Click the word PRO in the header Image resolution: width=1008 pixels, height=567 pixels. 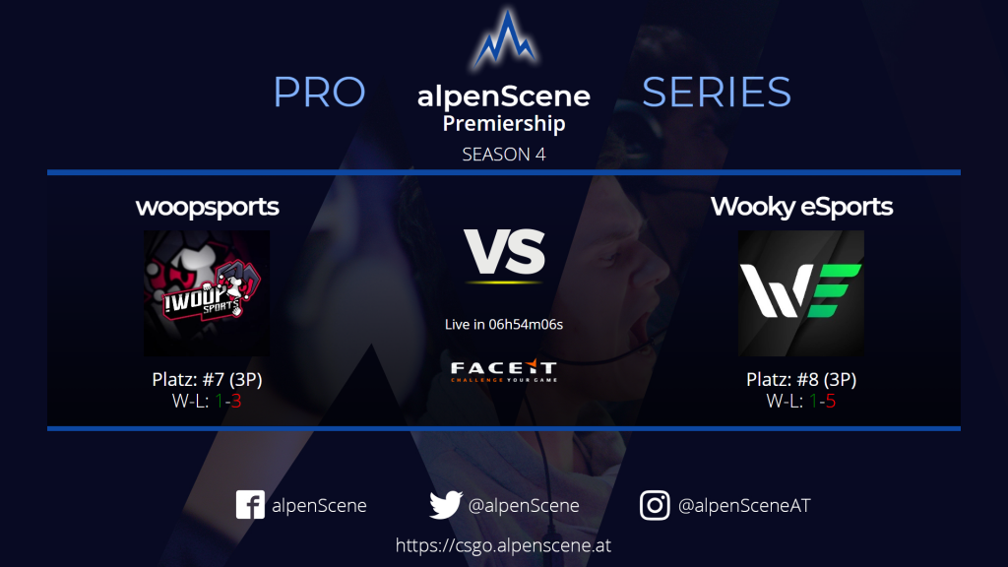(x=320, y=92)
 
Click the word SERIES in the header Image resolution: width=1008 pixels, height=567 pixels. (x=717, y=92)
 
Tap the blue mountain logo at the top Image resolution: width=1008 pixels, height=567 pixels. (x=505, y=38)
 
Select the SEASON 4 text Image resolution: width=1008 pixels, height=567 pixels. (x=504, y=155)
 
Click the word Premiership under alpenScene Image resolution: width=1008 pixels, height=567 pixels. (x=504, y=123)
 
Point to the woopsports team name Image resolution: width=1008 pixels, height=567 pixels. (x=207, y=207)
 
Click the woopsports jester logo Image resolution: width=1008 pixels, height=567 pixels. (x=207, y=293)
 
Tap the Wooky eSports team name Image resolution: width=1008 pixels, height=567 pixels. (x=801, y=207)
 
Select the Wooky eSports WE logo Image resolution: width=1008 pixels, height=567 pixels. (x=801, y=293)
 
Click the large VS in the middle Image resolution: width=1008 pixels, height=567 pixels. (x=505, y=252)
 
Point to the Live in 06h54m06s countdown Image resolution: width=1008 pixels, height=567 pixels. (x=504, y=325)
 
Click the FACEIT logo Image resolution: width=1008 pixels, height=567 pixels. (x=504, y=370)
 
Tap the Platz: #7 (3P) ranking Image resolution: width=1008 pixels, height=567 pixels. (x=207, y=379)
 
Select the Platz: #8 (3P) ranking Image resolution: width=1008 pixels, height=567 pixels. (x=801, y=379)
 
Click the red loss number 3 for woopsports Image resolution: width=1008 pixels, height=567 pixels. (x=236, y=402)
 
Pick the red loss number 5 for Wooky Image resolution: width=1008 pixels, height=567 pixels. (x=831, y=402)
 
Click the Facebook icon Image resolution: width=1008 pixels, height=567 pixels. (x=250, y=505)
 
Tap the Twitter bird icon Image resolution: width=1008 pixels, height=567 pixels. (x=446, y=505)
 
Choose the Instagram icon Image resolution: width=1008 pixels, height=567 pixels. (x=655, y=505)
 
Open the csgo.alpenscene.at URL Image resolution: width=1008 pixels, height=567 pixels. (x=503, y=545)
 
